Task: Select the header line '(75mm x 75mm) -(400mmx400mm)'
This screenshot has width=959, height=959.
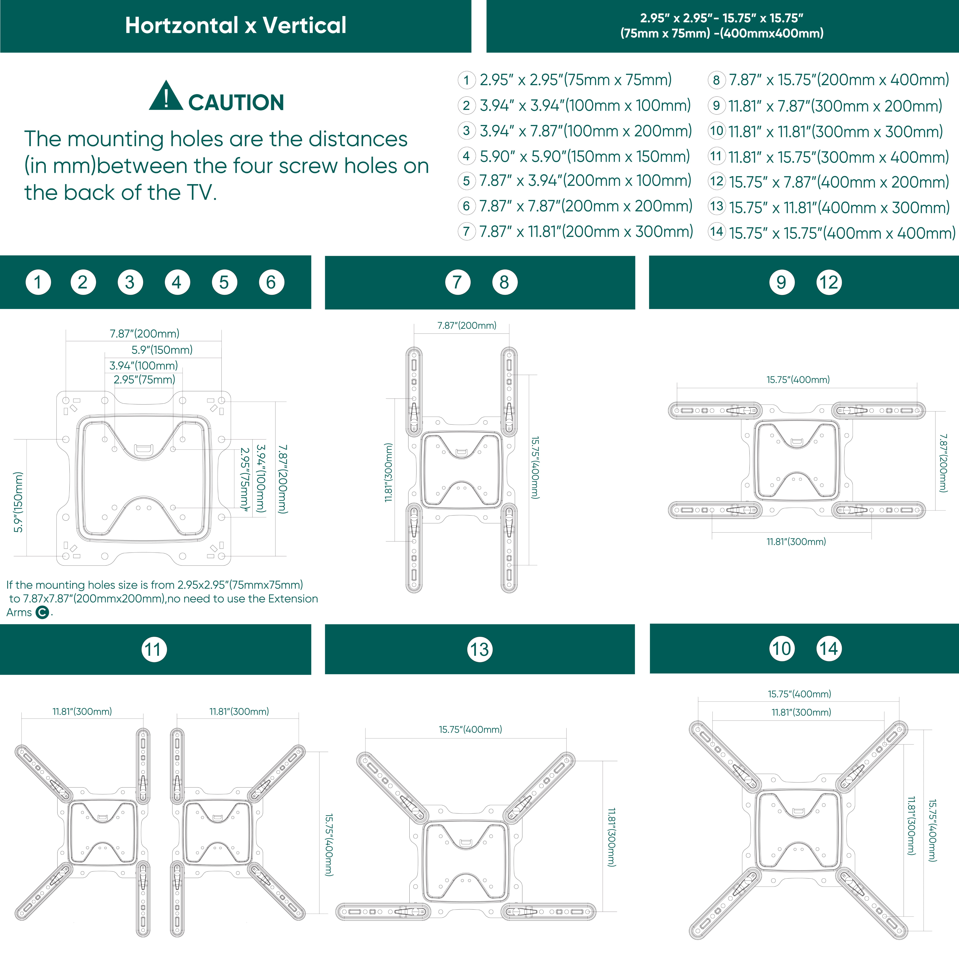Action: (722, 33)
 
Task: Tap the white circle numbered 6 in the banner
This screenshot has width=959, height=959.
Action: (271, 283)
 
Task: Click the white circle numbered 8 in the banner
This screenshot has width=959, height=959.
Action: (504, 283)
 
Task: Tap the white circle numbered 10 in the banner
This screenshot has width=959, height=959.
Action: (782, 649)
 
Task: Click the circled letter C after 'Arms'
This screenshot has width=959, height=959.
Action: (43, 612)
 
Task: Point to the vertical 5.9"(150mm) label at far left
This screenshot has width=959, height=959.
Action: (18, 502)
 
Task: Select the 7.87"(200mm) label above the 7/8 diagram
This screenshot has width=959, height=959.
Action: (467, 326)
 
